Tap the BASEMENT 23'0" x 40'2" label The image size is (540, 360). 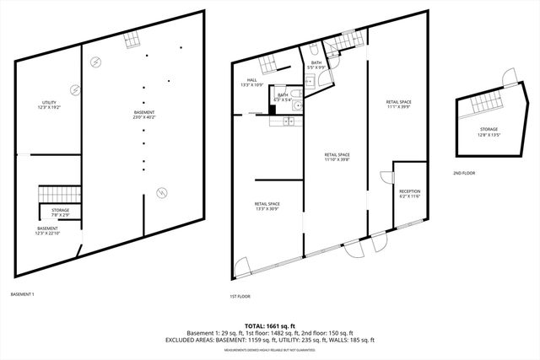(144, 115)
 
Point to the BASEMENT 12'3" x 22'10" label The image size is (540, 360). (47, 231)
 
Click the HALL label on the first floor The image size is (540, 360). (252, 83)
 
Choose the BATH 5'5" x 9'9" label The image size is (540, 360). (316, 65)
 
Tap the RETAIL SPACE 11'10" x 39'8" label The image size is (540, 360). (337, 157)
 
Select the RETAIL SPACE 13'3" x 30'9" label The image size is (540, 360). (267, 206)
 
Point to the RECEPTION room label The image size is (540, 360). (410, 194)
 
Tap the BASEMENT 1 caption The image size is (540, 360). (22, 293)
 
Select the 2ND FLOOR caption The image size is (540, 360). (464, 173)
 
